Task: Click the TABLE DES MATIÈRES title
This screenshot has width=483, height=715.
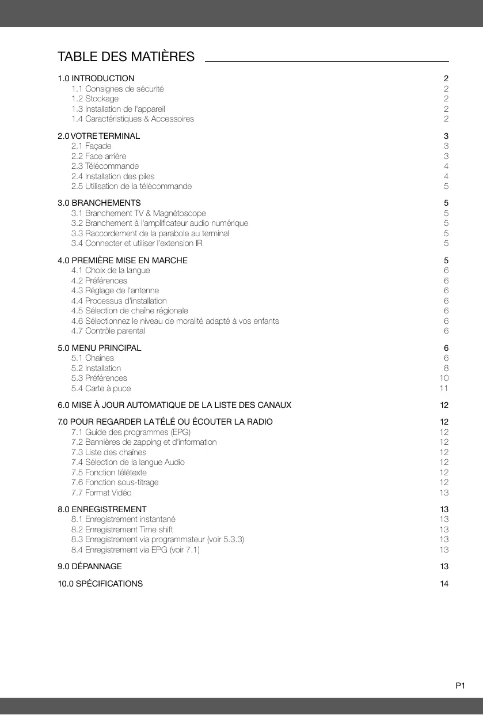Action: tap(126, 57)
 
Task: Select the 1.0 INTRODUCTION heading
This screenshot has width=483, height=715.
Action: tap(96, 78)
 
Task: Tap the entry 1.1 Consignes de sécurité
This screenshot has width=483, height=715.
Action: tap(117, 89)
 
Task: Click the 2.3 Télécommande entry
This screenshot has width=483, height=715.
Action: tap(105, 166)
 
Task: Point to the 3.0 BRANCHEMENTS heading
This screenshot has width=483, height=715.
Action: tap(99, 203)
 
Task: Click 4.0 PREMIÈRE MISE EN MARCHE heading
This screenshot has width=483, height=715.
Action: tap(123, 260)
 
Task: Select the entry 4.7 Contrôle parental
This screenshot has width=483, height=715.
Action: tap(108, 331)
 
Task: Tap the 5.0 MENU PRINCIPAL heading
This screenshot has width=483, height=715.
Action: tap(100, 348)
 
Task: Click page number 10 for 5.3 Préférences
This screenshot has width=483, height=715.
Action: tap(444, 378)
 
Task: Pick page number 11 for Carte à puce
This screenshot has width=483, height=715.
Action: tap(444, 388)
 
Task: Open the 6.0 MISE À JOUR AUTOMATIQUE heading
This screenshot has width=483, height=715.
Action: tap(174, 405)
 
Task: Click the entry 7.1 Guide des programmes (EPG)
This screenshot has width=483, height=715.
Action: tap(131, 432)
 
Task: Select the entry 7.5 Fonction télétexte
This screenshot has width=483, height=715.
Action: tap(109, 472)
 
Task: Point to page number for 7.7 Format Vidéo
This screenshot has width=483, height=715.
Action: tap(444, 493)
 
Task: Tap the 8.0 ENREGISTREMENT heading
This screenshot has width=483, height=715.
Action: tap(102, 509)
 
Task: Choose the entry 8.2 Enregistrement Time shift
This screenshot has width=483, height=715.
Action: tap(122, 529)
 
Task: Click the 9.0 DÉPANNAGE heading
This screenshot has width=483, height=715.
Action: tap(90, 566)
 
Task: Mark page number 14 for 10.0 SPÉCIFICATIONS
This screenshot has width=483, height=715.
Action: tap(444, 584)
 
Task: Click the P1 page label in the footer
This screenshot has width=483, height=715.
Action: tap(460, 686)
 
